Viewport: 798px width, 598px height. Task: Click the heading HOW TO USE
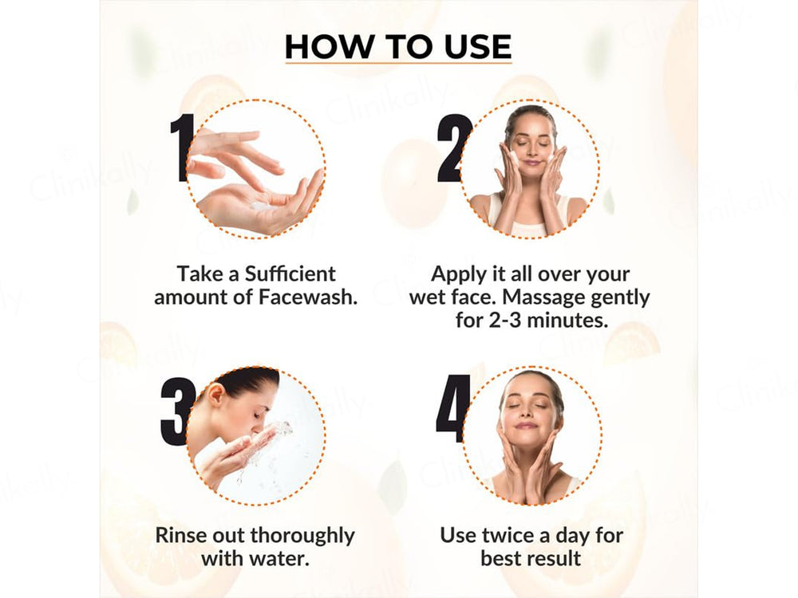pos(398,46)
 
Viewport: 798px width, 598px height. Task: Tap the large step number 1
pos(183,148)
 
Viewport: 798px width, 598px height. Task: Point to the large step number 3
pos(176,411)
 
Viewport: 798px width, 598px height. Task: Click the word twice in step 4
pos(512,534)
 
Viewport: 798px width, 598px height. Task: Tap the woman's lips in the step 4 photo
pos(527,425)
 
